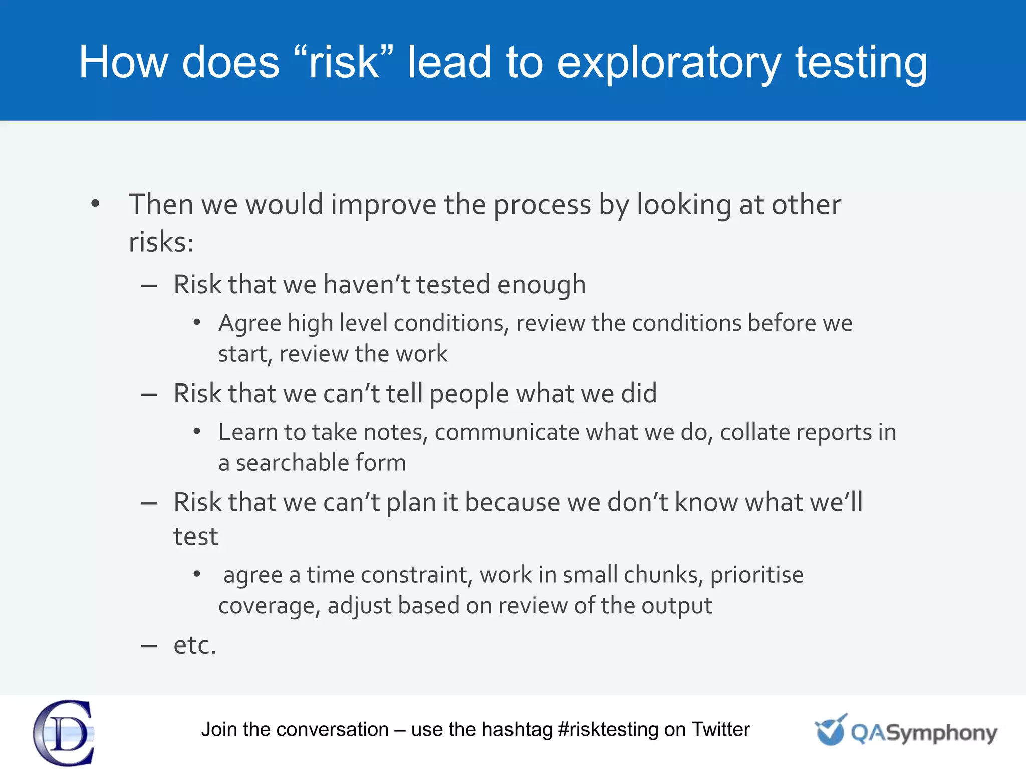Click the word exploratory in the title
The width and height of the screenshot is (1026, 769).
coord(668,63)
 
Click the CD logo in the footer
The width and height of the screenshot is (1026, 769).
coord(64,732)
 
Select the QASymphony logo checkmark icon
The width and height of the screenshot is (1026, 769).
coord(831,730)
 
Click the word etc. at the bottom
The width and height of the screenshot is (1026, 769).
coord(195,645)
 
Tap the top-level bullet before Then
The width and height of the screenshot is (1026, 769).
coord(95,204)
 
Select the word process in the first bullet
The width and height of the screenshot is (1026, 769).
coord(543,205)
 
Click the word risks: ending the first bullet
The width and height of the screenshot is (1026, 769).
coord(161,242)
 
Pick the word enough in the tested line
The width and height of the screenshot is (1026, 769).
coord(542,285)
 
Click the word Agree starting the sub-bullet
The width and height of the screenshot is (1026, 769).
coord(249,323)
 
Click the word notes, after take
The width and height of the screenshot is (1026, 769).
coord(396,432)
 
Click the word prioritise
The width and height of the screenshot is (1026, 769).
coord(756,575)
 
